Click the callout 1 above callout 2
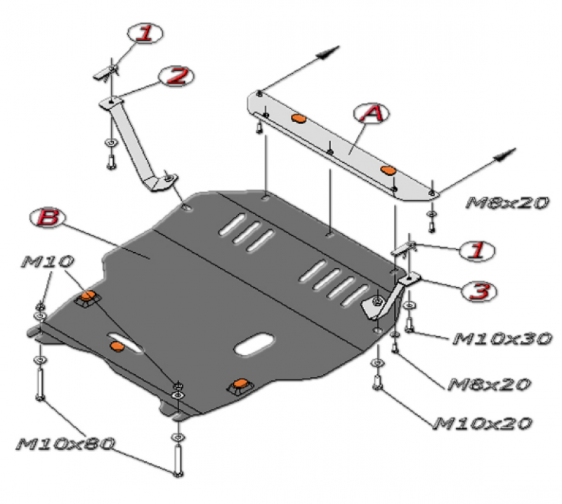click(x=144, y=34)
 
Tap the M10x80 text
click(x=66, y=444)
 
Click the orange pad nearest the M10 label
click(x=89, y=298)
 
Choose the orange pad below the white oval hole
click(x=240, y=384)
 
